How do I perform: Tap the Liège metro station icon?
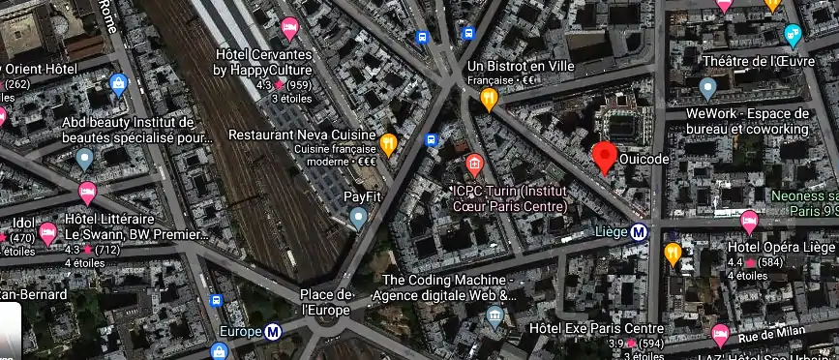[x=639, y=231]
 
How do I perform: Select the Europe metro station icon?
[x=274, y=332]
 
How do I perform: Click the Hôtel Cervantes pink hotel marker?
[x=288, y=27]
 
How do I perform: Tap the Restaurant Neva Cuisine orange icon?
[x=388, y=144]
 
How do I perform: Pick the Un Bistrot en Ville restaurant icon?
[x=490, y=98]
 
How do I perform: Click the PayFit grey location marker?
[x=359, y=219]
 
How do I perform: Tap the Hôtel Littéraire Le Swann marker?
[x=87, y=193]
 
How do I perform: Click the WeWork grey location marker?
[x=707, y=90]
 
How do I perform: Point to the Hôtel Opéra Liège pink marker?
[x=749, y=223]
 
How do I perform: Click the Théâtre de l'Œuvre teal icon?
[x=793, y=36]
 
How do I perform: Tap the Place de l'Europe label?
[x=325, y=302]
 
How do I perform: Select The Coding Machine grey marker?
[x=495, y=315]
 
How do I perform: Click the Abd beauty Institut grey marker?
[x=85, y=158]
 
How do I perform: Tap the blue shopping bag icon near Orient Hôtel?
[x=119, y=84]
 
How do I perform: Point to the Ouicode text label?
[x=644, y=159]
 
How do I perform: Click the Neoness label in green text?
[x=802, y=195]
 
